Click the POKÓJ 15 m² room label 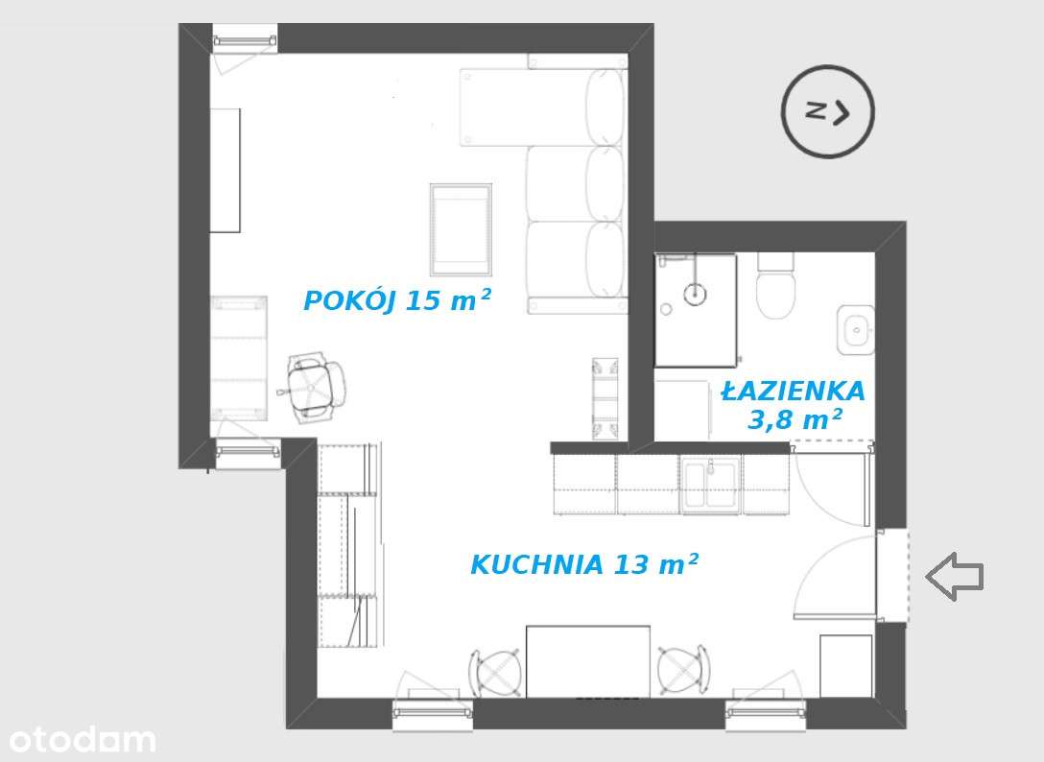pyautogui.click(x=397, y=300)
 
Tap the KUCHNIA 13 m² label pyautogui.click(x=583, y=565)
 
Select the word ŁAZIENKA pyautogui.click(x=793, y=392)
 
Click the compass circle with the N pyautogui.click(x=828, y=111)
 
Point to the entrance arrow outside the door pyautogui.click(x=955, y=576)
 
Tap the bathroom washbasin pyautogui.click(x=854, y=330)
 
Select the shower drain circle pyautogui.click(x=694, y=293)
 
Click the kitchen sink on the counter pyautogui.click(x=710, y=485)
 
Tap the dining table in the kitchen pyautogui.click(x=587, y=661)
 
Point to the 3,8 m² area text pyautogui.click(x=795, y=420)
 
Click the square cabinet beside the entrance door pyautogui.click(x=845, y=665)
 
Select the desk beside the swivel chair pyautogui.click(x=239, y=357)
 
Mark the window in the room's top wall pyautogui.click(x=245, y=40)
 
